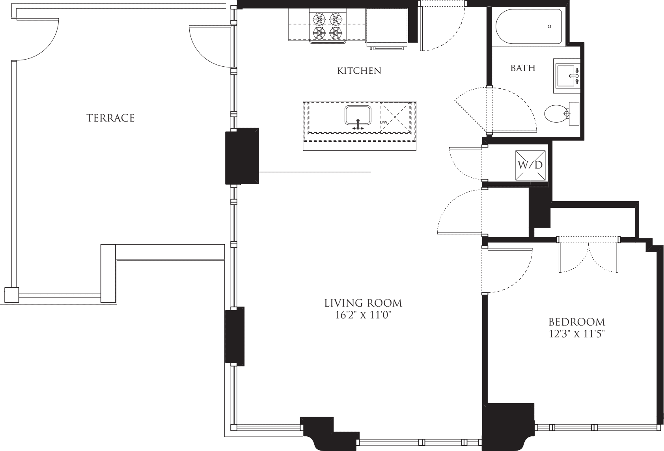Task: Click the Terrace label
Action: click(x=110, y=118)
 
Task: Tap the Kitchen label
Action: click(x=359, y=71)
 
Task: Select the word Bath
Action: click(x=523, y=68)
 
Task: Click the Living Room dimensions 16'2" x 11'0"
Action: click(x=363, y=315)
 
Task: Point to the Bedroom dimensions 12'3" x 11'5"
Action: click(x=576, y=334)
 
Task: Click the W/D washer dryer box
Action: click(x=530, y=165)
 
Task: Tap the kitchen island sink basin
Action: click(x=358, y=116)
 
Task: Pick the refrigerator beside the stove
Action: click(x=386, y=25)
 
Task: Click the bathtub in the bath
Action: click(x=528, y=27)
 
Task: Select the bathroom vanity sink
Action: click(x=567, y=76)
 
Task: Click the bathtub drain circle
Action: click(x=549, y=26)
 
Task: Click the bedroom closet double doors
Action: click(x=588, y=256)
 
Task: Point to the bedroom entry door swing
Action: click(x=509, y=272)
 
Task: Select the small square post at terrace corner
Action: click(x=11, y=295)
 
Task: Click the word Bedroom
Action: click(x=576, y=322)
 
